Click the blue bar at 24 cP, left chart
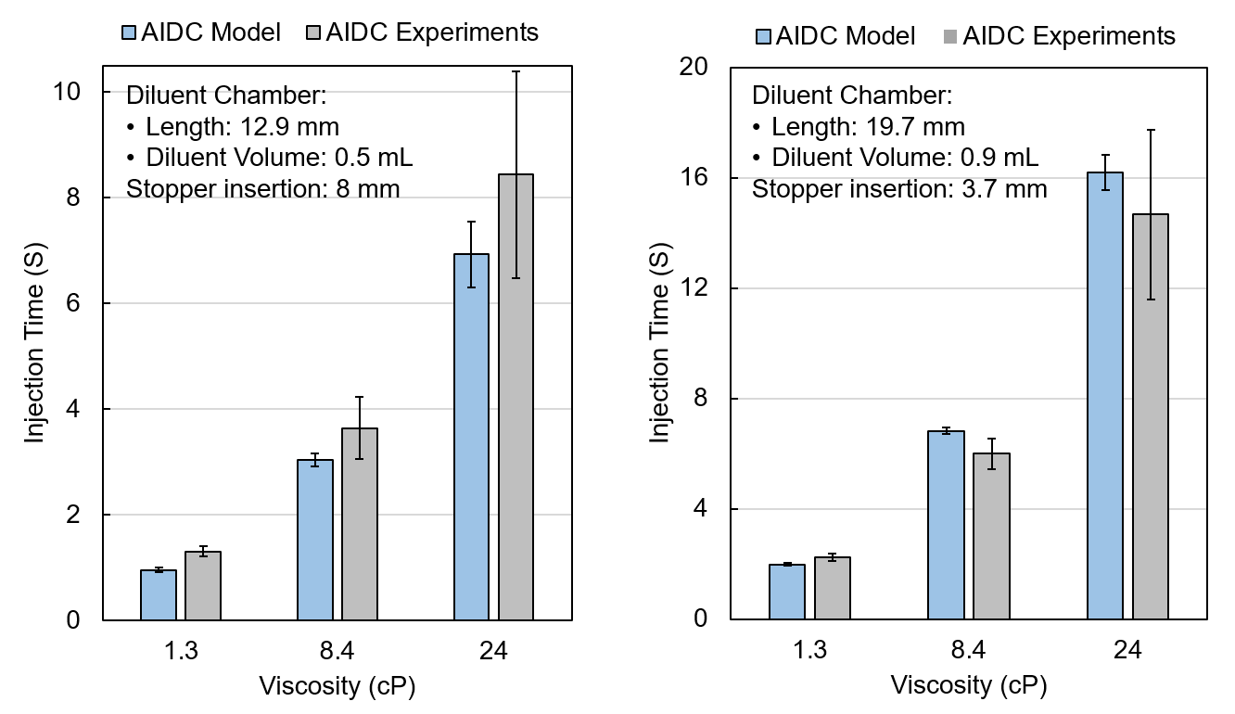pyautogui.click(x=472, y=436)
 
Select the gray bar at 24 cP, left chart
pyautogui.click(x=516, y=399)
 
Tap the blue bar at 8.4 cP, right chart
pyautogui.click(x=947, y=525)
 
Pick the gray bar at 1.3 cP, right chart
pyautogui.click(x=833, y=588)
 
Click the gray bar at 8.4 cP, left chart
pyautogui.click(x=360, y=524)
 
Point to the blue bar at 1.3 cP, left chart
pyautogui.click(x=159, y=595)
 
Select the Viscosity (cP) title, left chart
pyautogui.click(x=337, y=687)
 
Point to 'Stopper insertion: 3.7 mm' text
pyautogui.click(x=899, y=190)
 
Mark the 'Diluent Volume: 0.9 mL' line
pyautogui.click(x=905, y=159)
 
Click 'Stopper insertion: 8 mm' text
pyautogui.click(x=263, y=190)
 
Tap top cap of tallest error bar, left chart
pyautogui.click(x=516, y=71)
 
